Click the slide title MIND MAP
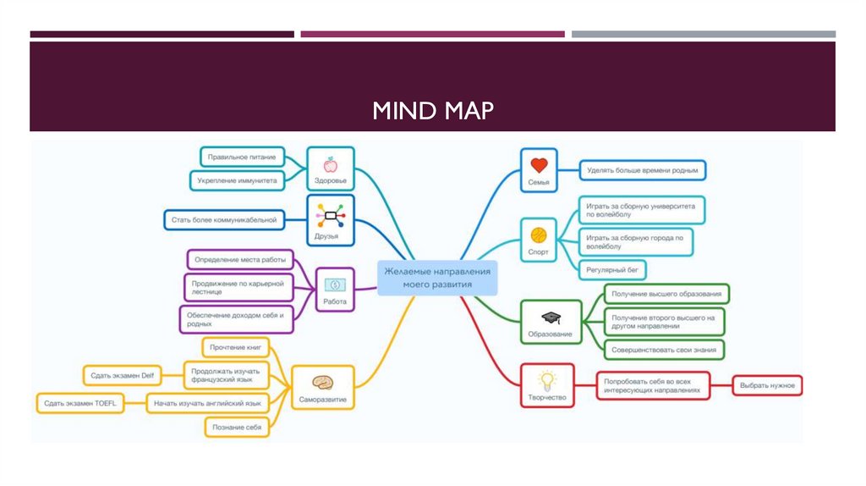pyautogui.click(x=433, y=110)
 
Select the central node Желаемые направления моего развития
pyautogui.click(x=436, y=278)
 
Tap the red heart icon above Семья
pyautogui.click(x=539, y=165)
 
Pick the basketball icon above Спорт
pyautogui.click(x=539, y=235)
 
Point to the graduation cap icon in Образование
pyautogui.click(x=551, y=318)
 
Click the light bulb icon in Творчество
pyautogui.click(x=546, y=379)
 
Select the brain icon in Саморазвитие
pyautogui.click(x=322, y=382)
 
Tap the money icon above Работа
pyautogui.click(x=335, y=284)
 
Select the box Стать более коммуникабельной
pyautogui.click(x=224, y=220)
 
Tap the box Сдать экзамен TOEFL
pyautogui.click(x=81, y=404)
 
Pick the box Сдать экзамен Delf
pyautogui.click(x=123, y=374)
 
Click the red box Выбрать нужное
pyautogui.click(x=767, y=386)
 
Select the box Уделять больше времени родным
pyautogui.click(x=643, y=171)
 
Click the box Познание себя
pyautogui.click(x=238, y=428)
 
